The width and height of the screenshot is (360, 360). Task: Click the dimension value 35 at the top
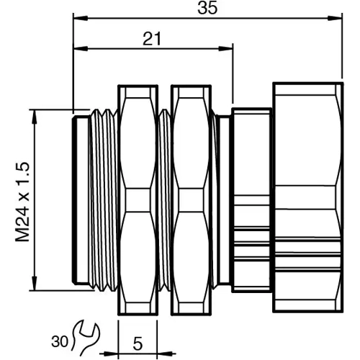[x=209, y=9]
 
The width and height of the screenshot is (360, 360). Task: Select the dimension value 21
[x=152, y=40]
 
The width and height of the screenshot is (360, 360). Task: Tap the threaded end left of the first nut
[x=96, y=199]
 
